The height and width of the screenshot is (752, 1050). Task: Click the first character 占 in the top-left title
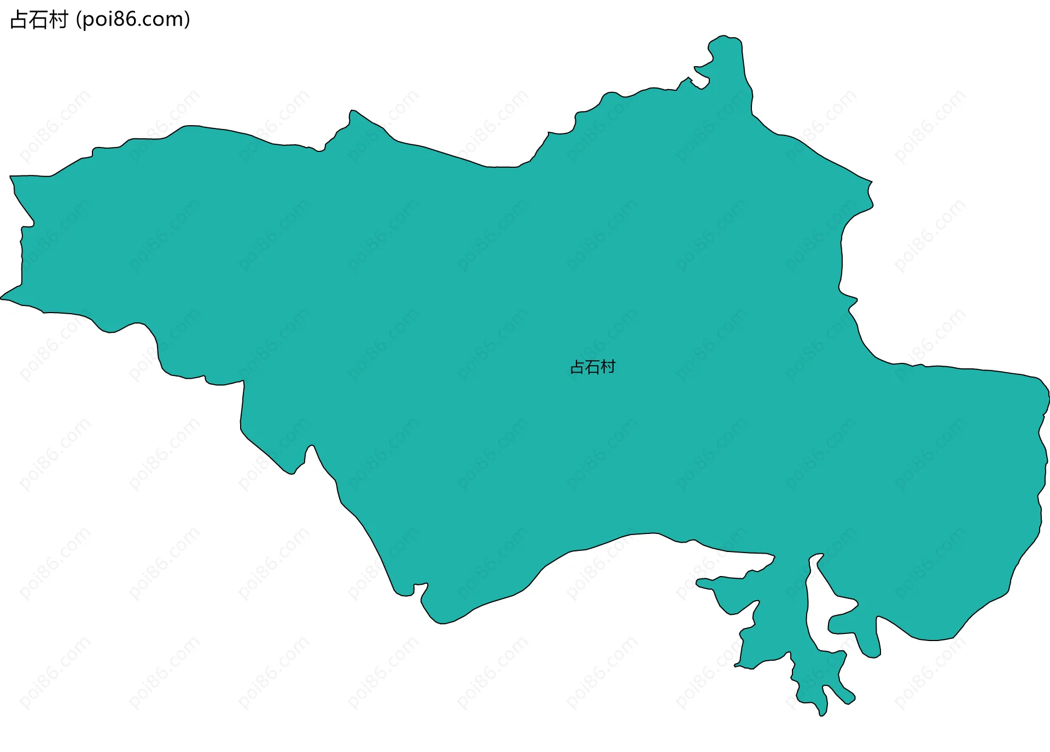[19, 20]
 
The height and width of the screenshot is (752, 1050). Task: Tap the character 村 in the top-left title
[58, 20]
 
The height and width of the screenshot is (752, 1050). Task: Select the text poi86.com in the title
[133, 20]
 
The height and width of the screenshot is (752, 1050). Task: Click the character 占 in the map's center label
[577, 367]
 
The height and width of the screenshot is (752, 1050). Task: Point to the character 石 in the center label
[593, 367]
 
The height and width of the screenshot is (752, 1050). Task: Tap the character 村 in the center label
[608, 367]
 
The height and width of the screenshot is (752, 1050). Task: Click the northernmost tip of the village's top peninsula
[725, 37]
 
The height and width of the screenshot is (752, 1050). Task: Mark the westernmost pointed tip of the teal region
[2, 298]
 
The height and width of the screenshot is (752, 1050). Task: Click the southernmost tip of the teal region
[821, 715]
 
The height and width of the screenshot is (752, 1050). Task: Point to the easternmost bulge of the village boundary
[1047, 396]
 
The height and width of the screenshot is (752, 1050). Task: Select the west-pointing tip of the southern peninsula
[698, 583]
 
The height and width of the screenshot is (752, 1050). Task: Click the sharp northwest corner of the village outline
[11, 177]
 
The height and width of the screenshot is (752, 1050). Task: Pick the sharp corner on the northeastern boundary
[871, 181]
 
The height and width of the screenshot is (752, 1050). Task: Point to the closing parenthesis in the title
[188, 20]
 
